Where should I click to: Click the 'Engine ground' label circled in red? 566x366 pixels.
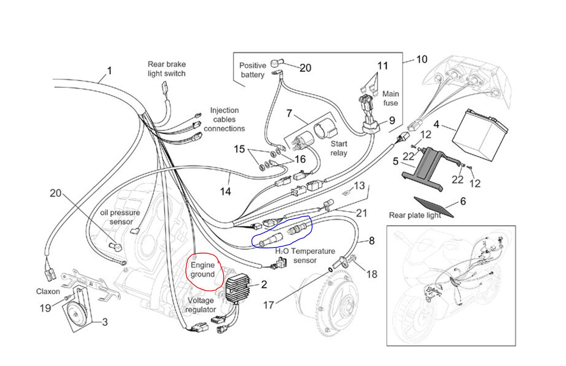203,270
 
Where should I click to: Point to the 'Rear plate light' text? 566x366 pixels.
415,215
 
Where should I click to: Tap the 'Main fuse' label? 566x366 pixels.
390,98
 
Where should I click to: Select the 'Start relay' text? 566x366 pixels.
339,148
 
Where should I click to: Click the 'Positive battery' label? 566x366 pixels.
253,70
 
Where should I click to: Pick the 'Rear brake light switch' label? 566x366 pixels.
166,69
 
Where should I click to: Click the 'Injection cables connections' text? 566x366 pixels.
224,119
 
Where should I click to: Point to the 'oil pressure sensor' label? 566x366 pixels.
120,217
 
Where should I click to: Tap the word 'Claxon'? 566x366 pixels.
48,291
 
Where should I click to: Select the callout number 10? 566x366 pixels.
421,59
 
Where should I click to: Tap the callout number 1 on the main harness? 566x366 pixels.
109,71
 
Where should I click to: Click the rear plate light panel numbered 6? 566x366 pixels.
433,207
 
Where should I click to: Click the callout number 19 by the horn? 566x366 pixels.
45,308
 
